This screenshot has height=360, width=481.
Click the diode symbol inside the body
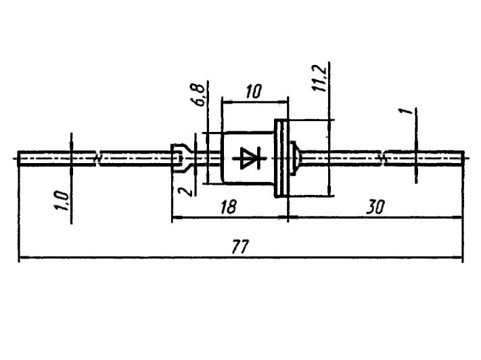pyautogui.click(x=250, y=158)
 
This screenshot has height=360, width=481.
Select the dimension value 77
pyautogui.click(x=240, y=246)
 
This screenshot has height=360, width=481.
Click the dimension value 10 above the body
pyautogui.click(x=254, y=91)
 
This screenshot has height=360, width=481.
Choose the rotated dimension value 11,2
pyautogui.click(x=319, y=78)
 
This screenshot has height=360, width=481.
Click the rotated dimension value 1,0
pyautogui.click(x=62, y=201)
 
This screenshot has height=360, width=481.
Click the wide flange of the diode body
pyautogui.click(x=281, y=158)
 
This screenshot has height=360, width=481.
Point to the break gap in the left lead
pyautogui.click(x=98, y=158)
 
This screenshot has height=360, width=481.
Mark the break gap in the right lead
pyautogui.click(x=384, y=158)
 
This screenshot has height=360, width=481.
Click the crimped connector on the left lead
pyautogui.click(x=182, y=158)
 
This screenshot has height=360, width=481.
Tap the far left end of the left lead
pyautogui.click(x=18, y=158)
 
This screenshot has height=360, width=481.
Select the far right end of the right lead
pyautogui.click(x=463, y=158)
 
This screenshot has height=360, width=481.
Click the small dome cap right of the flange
pyautogui.click(x=293, y=158)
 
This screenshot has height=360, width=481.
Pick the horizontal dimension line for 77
pyautogui.click(x=241, y=258)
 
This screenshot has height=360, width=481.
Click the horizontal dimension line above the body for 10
pyautogui.click(x=254, y=101)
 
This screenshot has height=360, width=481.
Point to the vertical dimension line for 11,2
pyautogui.click(x=329, y=129)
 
